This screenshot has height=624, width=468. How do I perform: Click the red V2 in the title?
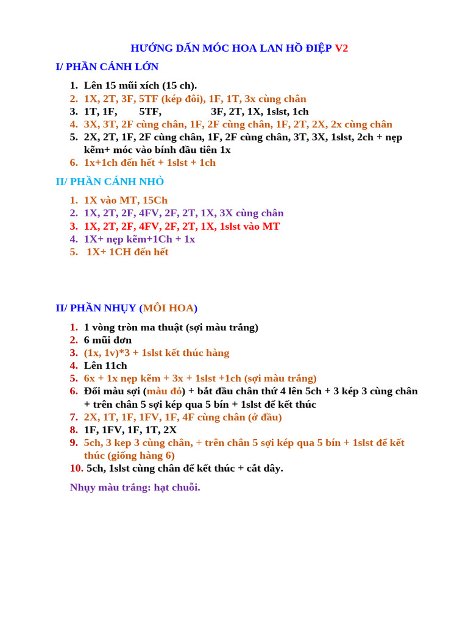click(341, 48)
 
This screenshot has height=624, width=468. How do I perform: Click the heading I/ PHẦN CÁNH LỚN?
click(107, 67)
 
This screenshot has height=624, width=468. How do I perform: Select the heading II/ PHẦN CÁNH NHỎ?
click(110, 182)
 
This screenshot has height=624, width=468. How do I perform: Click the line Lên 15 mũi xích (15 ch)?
click(140, 86)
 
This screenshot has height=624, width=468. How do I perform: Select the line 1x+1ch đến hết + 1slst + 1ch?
click(149, 163)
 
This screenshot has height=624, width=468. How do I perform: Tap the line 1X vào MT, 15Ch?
click(126, 200)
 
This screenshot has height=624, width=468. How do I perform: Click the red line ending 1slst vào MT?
click(182, 226)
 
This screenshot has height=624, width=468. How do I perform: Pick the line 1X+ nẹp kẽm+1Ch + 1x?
click(140, 239)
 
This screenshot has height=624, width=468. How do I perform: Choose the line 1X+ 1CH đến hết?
click(127, 252)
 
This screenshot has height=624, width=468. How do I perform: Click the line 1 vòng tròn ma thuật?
click(171, 327)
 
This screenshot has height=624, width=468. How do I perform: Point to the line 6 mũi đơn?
click(108, 340)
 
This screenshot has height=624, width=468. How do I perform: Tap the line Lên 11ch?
click(105, 366)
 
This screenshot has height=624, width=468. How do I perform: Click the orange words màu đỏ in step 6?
click(164, 391)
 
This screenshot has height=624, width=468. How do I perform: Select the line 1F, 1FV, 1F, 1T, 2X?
click(130, 430)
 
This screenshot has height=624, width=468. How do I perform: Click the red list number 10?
click(76, 468)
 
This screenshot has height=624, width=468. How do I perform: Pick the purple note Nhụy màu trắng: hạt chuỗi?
click(135, 487)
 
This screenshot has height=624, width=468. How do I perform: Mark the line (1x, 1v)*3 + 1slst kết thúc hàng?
click(157, 353)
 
